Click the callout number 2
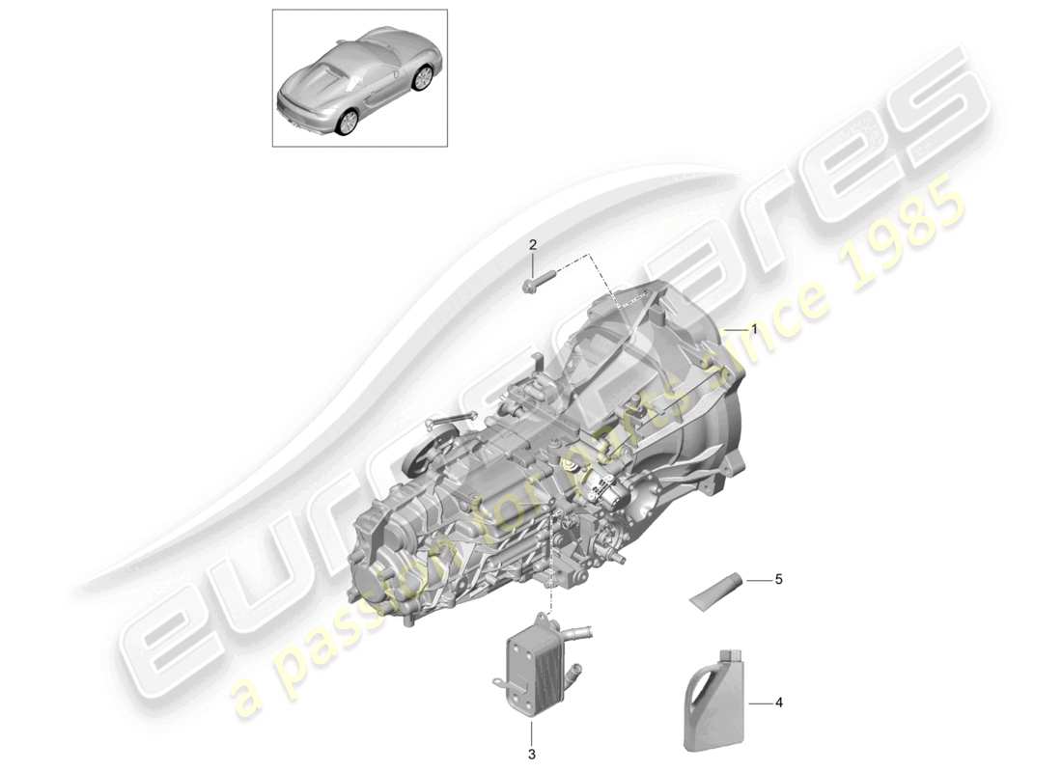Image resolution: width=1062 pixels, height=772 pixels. coord(532,245)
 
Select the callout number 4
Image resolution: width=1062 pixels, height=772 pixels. coord(778,703)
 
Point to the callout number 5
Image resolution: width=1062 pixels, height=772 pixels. coord(778,581)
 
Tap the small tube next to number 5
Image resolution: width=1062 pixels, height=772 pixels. coord(716,590)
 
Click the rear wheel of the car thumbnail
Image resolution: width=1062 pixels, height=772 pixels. coord(348,120)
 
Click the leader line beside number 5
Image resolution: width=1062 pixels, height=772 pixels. coord(758,581)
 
